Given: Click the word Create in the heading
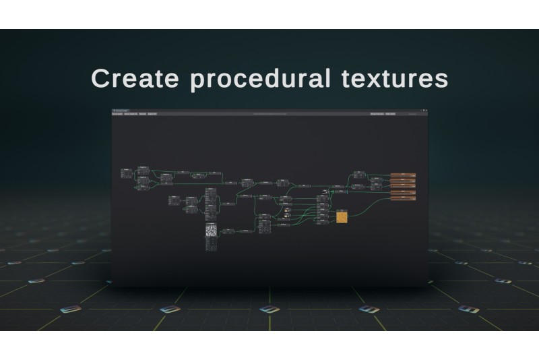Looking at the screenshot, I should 135,78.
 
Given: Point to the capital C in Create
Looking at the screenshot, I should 100,78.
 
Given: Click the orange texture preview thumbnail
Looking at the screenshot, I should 342,216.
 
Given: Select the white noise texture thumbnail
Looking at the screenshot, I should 211,230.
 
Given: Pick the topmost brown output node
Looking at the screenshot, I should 403,175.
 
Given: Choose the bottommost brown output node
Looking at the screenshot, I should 403,199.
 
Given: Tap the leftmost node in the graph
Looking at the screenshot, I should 126,173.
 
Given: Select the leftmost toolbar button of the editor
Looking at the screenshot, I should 117,114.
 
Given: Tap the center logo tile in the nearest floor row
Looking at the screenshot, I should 269,309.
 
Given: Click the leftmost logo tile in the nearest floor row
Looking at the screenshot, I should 70,309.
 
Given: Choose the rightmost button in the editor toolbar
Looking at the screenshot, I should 390,114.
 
